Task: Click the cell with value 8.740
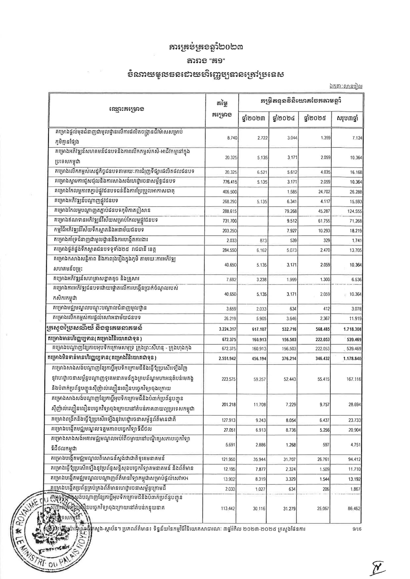[x=232, y=138]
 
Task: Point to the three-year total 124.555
[x=354, y=211]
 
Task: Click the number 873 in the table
[x=263, y=240]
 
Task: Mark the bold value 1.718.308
[x=351, y=329]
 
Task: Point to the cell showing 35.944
[x=260, y=459]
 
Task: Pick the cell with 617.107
[x=259, y=329]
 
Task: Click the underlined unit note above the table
[x=346, y=86]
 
